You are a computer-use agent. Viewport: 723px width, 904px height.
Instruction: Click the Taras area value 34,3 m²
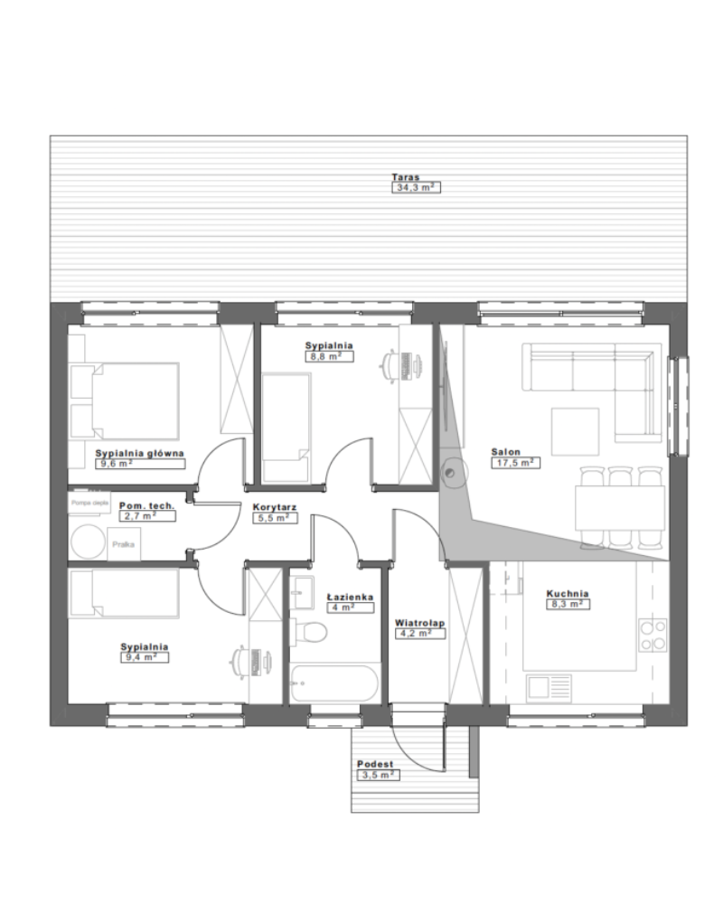coord(416,188)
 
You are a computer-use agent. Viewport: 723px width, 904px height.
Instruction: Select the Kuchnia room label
coord(568,594)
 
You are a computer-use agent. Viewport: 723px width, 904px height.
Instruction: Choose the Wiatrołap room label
coord(416,623)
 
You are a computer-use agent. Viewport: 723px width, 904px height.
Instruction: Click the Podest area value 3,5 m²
coord(379,775)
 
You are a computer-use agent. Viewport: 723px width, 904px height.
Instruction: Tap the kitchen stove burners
coord(653,635)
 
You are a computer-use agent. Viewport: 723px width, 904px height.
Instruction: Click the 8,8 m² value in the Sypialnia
coord(329,356)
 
